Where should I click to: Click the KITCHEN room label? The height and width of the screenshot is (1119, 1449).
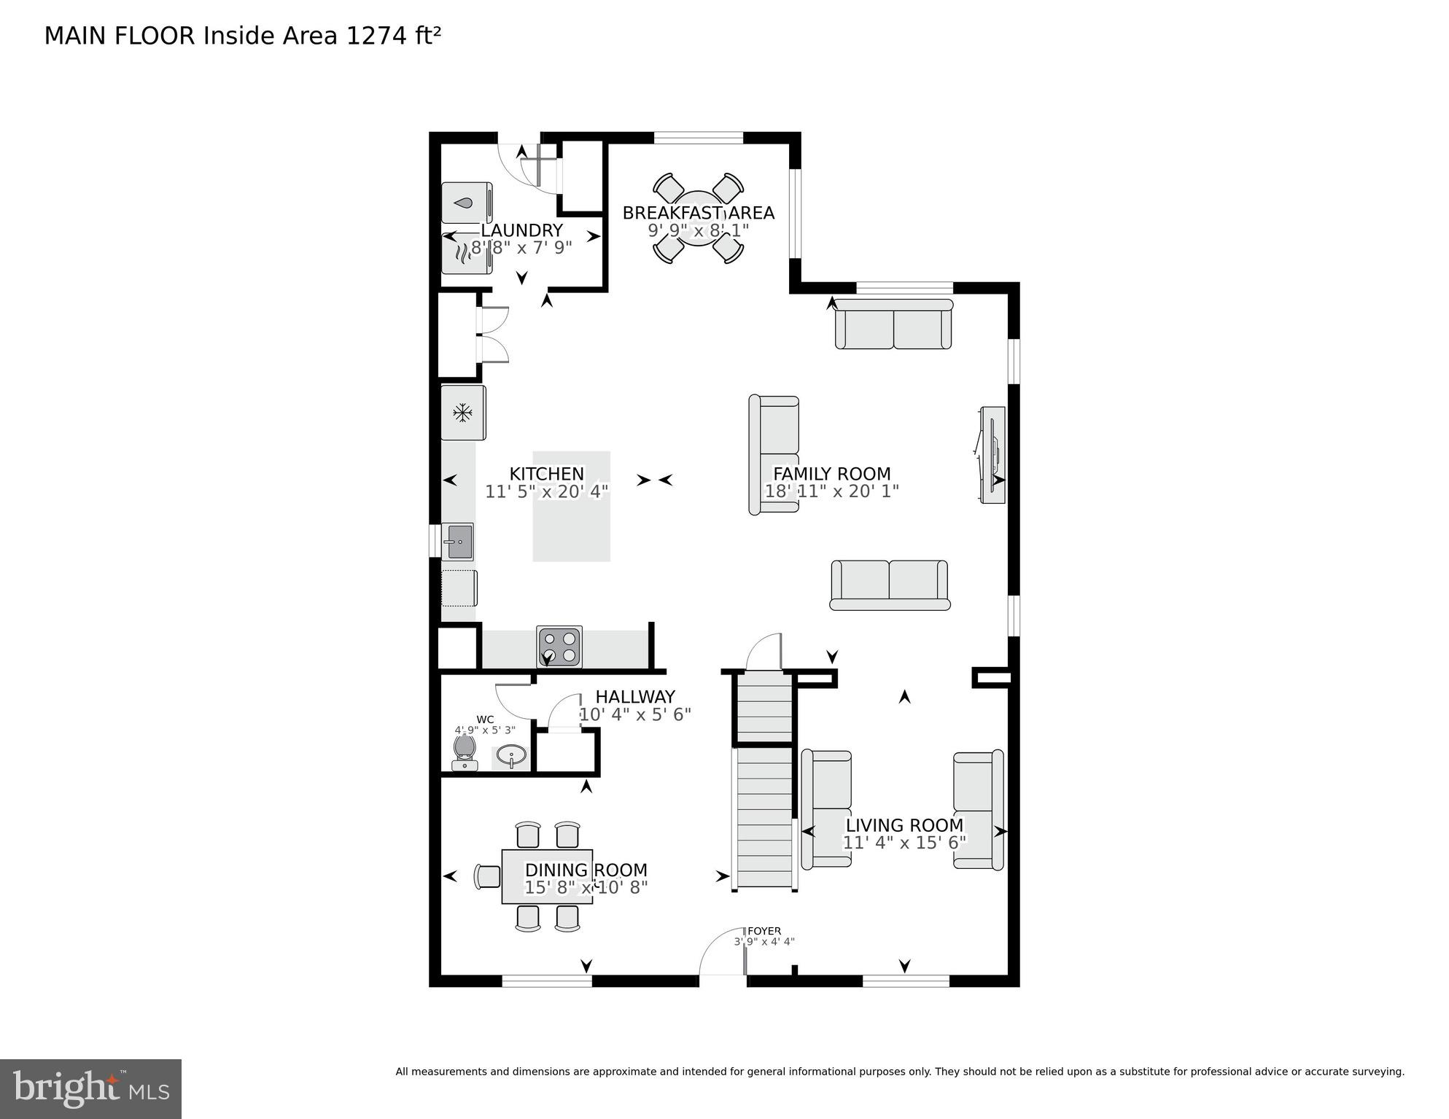[x=546, y=474]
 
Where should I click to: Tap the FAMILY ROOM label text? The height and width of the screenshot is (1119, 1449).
[x=831, y=474]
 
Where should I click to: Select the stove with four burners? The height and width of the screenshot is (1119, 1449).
[x=559, y=647]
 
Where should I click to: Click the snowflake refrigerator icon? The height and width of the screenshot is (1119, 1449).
[x=462, y=413]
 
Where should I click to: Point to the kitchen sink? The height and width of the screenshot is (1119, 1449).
[x=458, y=542]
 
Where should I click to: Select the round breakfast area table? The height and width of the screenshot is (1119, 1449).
[x=698, y=218]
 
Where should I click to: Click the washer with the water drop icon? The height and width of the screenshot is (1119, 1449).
[x=466, y=203]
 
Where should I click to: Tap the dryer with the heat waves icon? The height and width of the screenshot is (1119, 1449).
[x=466, y=253]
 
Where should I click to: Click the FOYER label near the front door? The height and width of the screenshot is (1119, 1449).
[x=764, y=931]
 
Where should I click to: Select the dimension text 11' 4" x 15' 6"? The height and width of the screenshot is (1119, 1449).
[x=904, y=843]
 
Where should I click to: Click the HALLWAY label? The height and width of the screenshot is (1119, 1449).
[x=634, y=697]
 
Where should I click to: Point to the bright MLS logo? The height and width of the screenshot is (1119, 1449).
[x=90, y=1089]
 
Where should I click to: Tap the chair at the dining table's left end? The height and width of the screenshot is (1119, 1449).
[x=486, y=876]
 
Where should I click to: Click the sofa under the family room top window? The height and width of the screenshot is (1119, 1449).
[x=893, y=325]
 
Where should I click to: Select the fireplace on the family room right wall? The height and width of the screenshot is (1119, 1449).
[x=992, y=455]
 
